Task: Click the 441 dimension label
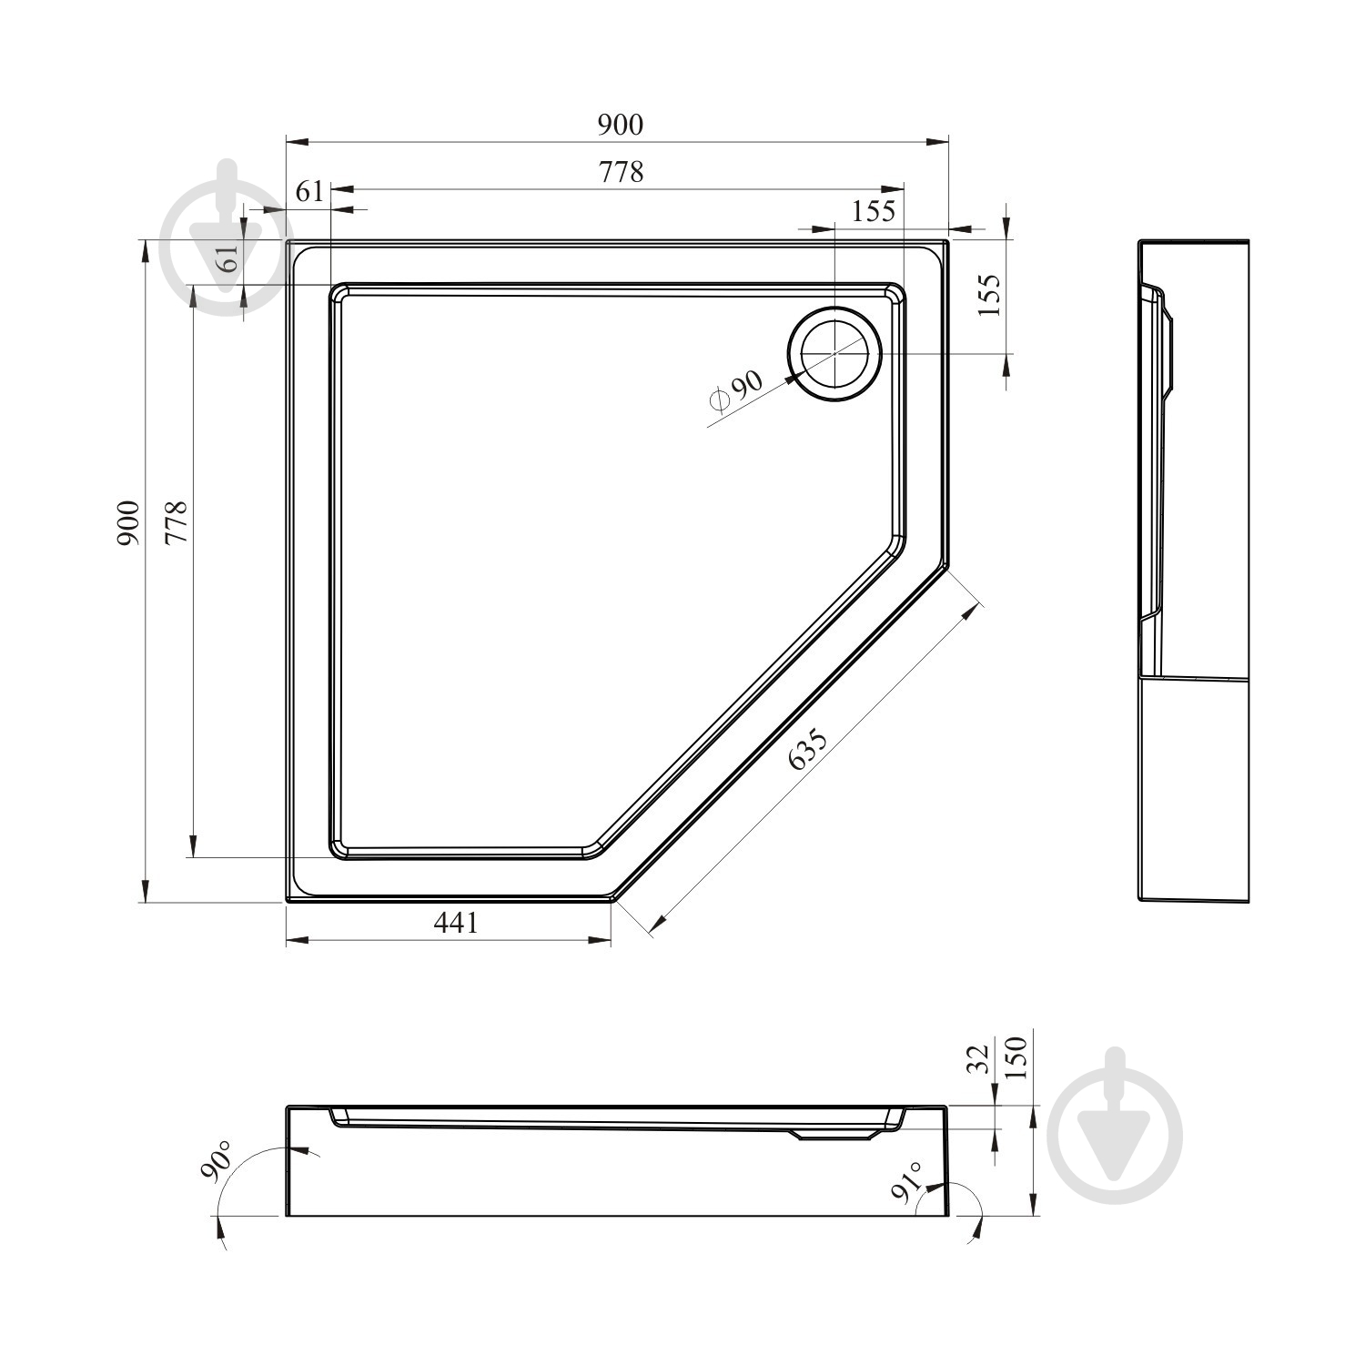pos(455,923)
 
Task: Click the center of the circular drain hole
pos(835,354)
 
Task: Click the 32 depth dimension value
pos(977,1060)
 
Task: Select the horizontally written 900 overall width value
pos(621,125)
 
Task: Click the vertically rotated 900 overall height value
pos(128,523)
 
